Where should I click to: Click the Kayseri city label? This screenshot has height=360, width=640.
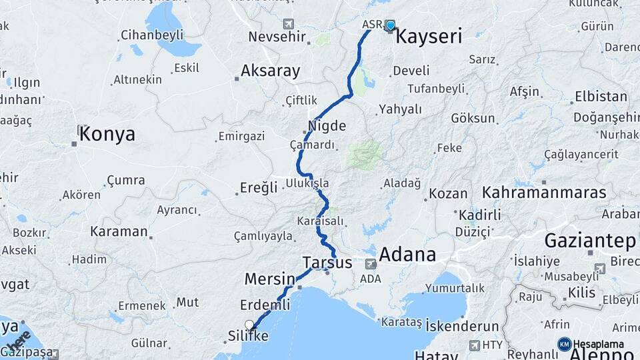pos(429,36)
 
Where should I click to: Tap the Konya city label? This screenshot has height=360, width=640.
pos(107,134)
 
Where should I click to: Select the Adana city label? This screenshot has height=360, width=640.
pos(407,255)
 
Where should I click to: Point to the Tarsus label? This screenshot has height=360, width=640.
pos(327,262)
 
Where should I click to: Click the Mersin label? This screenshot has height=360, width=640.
pos(270,278)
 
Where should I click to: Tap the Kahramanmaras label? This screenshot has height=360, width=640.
pos(545,193)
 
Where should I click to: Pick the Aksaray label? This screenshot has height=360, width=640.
pos(271,71)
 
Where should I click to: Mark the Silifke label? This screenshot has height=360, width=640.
pos(247,336)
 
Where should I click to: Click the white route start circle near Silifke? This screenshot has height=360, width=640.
pos(249,325)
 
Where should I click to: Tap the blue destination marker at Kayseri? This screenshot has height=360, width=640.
pos(390,26)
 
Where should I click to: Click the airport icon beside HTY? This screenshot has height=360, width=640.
pos(474,345)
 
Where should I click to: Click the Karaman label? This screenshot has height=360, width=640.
pos(119,231)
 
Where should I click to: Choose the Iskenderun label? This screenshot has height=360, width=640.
pos(462,327)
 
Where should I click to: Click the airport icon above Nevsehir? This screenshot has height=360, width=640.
pos(288,23)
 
